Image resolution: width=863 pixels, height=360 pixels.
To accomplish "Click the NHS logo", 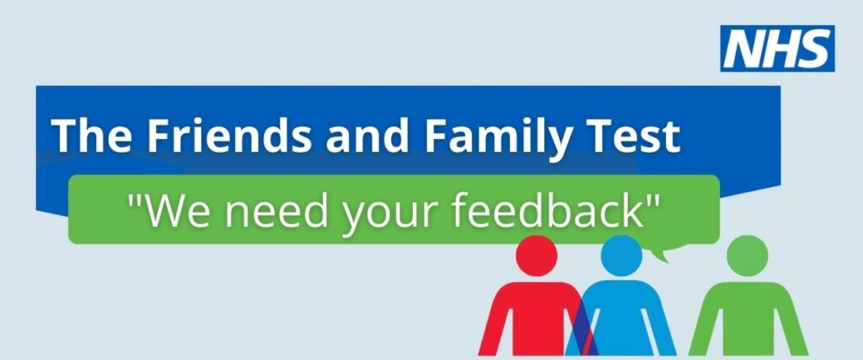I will tap(776, 48).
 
